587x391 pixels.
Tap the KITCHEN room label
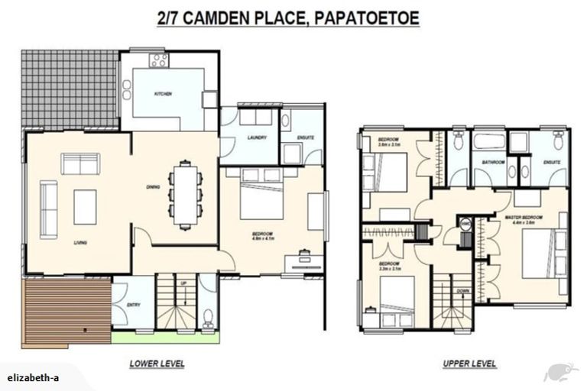[x=163, y=94]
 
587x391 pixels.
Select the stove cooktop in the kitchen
[x=158, y=59]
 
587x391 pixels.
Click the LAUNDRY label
[x=257, y=137]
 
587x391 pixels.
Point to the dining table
[x=184, y=193]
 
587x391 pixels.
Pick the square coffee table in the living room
[x=85, y=206]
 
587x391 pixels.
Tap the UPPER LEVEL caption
[x=469, y=364]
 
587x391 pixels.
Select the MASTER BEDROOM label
[x=524, y=218]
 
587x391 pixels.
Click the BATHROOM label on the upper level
[x=491, y=162]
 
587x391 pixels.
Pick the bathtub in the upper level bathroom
[x=487, y=142]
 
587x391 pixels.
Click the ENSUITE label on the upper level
[x=552, y=162]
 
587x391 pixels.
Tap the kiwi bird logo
[x=560, y=372]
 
